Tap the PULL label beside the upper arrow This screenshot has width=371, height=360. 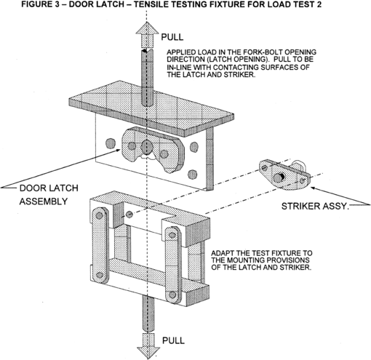[172, 37]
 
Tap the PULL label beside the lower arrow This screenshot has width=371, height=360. [173, 340]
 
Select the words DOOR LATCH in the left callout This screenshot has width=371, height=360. [49, 188]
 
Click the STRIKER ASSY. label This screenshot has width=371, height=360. [315, 206]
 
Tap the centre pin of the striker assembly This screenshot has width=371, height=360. [278, 177]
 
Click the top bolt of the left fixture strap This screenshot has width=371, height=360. [99, 215]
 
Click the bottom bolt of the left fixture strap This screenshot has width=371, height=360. [100, 275]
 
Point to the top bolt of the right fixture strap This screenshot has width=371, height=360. [172, 235]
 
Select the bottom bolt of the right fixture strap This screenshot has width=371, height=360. [172, 295]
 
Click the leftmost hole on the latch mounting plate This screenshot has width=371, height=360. [111, 143]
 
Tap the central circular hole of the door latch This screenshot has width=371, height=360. [146, 146]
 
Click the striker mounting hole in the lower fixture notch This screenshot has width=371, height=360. [129, 214]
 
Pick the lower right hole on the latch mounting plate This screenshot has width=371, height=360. [192, 175]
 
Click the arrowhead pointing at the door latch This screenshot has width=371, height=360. [118, 151]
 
